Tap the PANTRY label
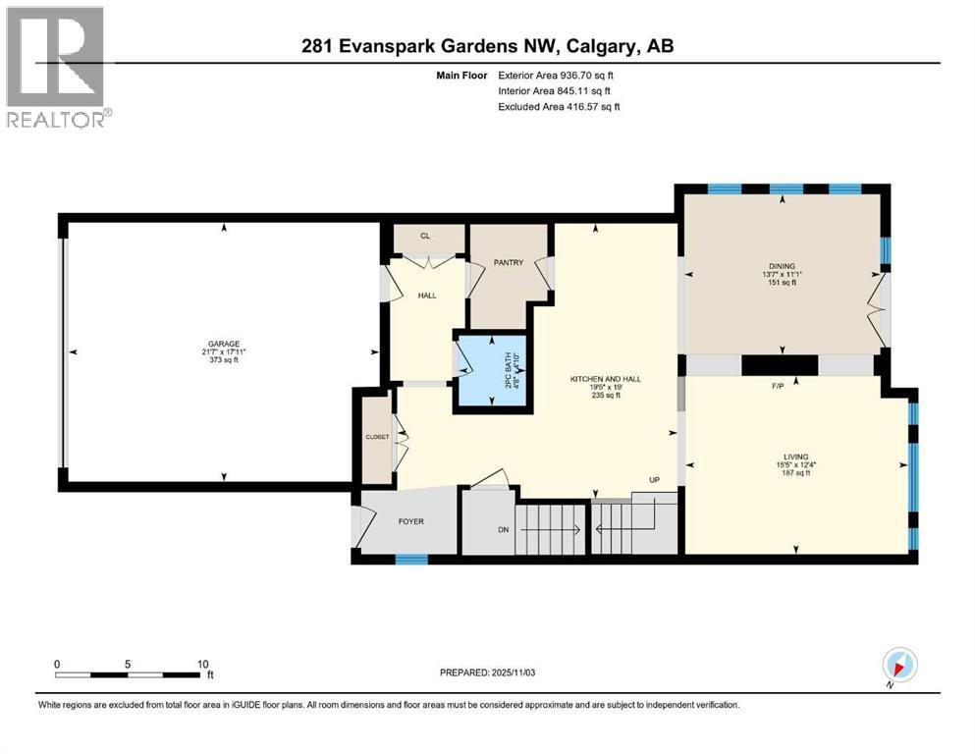tap(509, 262)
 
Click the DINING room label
tap(782, 265)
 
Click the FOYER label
tap(410, 521)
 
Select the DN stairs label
tap(503, 530)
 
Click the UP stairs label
tap(654, 481)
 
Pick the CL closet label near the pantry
tap(425, 236)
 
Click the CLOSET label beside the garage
tap(377, 437)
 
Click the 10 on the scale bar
tap(202, 664)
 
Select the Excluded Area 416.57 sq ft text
tap(560, 107)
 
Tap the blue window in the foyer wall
tap(411, 560)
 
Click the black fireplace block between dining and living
tap(780, 365)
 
